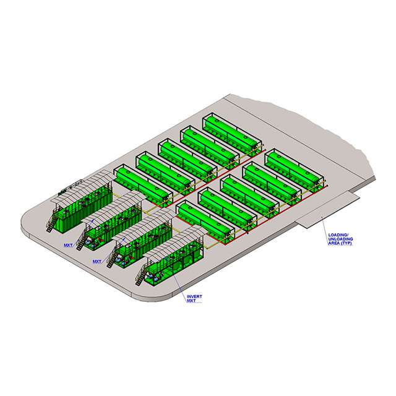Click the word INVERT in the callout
pyautogui.click(x=194, y=296)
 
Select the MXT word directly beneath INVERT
pyautogui.click(x=191, y=301)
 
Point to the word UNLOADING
pyautogui.click(x=340, y=239)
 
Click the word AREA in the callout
pyautogui.click(x=334, y=243)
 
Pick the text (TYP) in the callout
pyautogui.click(x=345, y=243)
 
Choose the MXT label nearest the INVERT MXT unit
pyautogui.click(x=97, y=262)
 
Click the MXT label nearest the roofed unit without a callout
pyautogui.click(x=68, y=245)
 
